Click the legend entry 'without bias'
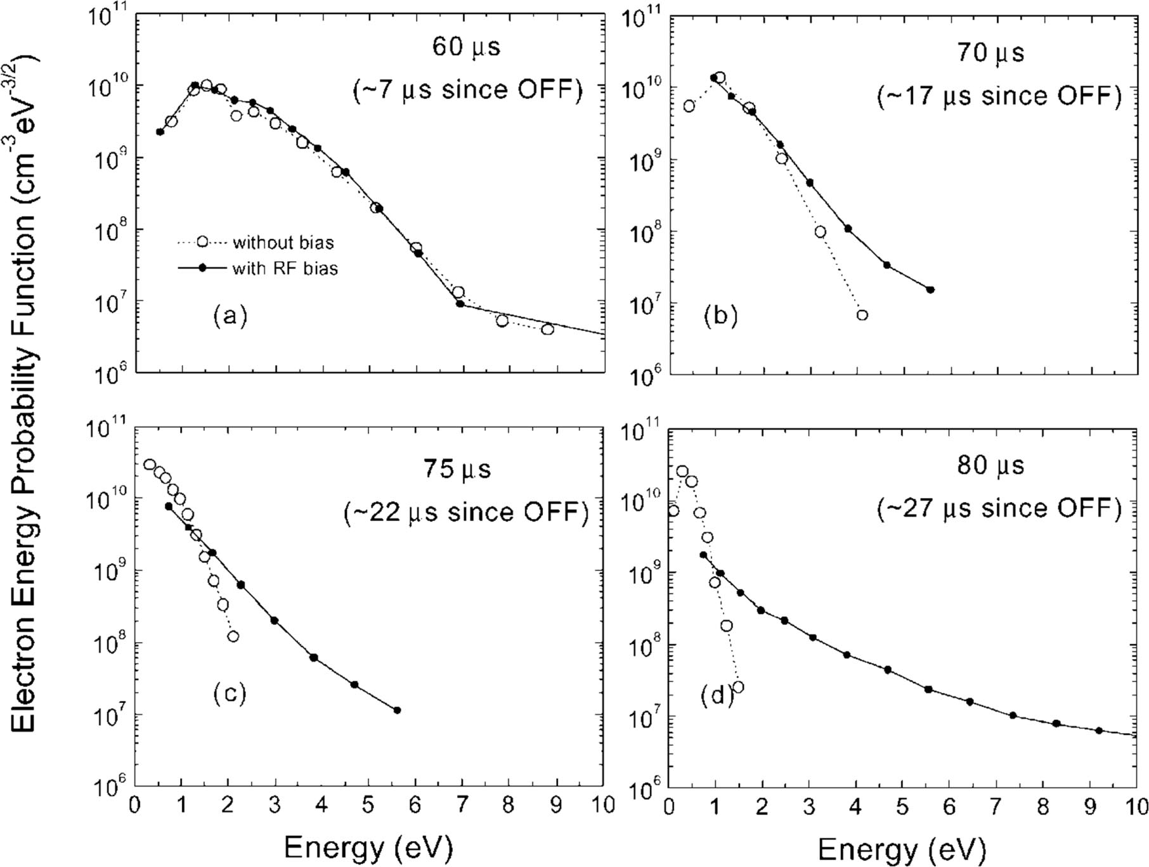(283, 243)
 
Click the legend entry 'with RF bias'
(285, 269)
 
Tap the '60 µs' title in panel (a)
(467, 48)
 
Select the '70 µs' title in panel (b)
(990, 53)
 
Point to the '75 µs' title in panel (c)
(457, 470)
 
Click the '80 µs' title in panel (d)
(990, 466)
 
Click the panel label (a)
(230, 315)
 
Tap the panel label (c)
(229, 693)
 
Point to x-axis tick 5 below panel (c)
(368, 806)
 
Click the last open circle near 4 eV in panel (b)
(862, 315)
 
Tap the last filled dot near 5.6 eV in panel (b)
(930, 290)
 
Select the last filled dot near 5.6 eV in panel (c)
(397, 710)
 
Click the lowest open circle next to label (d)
(737, 687)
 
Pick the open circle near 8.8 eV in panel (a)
(547, 329)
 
